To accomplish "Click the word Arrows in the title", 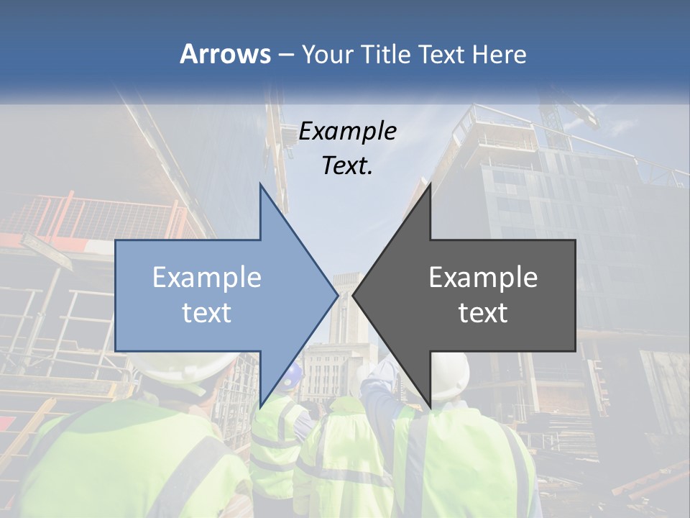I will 226,54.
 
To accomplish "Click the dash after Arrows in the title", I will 285,55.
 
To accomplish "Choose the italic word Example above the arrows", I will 347,131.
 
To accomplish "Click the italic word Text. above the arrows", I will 347,165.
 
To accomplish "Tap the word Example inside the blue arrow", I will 206,278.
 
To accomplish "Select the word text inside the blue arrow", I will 206,313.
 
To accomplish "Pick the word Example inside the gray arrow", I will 483,278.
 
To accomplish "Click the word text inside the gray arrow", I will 483,313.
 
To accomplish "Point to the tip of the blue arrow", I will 336,295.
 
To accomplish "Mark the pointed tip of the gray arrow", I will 354,295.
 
